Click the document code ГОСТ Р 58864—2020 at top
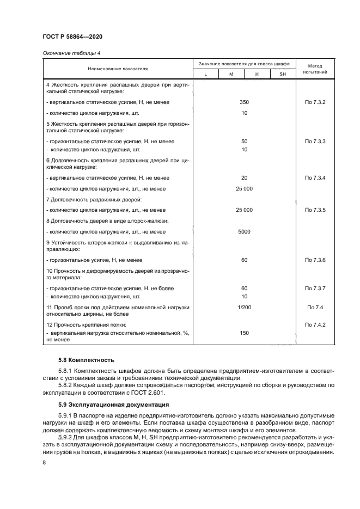pyautogui.click(x=72, y=36)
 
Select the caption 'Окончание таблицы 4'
pyautogui.click(x=68, y=53)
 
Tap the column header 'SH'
pyautogui.click(x=282, y=74)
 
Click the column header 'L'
pyautogui.click(x=205, y=74)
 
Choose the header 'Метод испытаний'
pyautogui.click(x=315, y=69)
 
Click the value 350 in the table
pyautogui.click(x=244, y=102)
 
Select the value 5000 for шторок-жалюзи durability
pyautogui.click(x=244, y=231)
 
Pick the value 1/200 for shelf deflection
pyautogui.click(x=244, y=308)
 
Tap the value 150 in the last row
pyautogui.click(x=244, y=332)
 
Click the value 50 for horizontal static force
pyautogui.click(x=244, y=142)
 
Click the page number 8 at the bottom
pyautogui.click(x=44, y=462)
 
